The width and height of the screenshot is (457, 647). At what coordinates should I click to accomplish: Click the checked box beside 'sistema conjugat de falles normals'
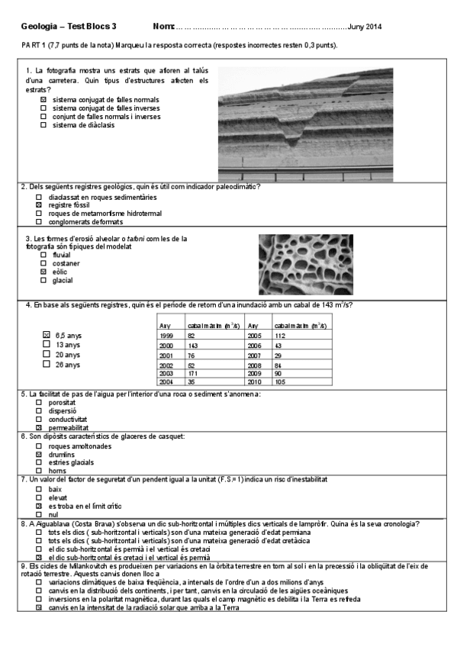(x=43, y=99)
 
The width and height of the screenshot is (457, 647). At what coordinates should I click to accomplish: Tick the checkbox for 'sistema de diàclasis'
(x=43, y=125)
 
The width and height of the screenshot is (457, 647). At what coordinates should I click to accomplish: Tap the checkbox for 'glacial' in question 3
(x=43, y=281)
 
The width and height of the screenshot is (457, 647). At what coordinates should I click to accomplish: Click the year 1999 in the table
(x=166, y=336)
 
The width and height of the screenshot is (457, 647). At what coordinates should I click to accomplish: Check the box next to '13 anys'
(x=47, y=345)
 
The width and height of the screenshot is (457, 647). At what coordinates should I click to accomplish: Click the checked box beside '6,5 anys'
(x=47, y=335)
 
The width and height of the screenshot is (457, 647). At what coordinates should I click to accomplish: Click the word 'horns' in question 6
(x=56, y=471)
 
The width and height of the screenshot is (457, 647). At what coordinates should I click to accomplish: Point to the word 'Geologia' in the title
(x=37, y=27)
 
